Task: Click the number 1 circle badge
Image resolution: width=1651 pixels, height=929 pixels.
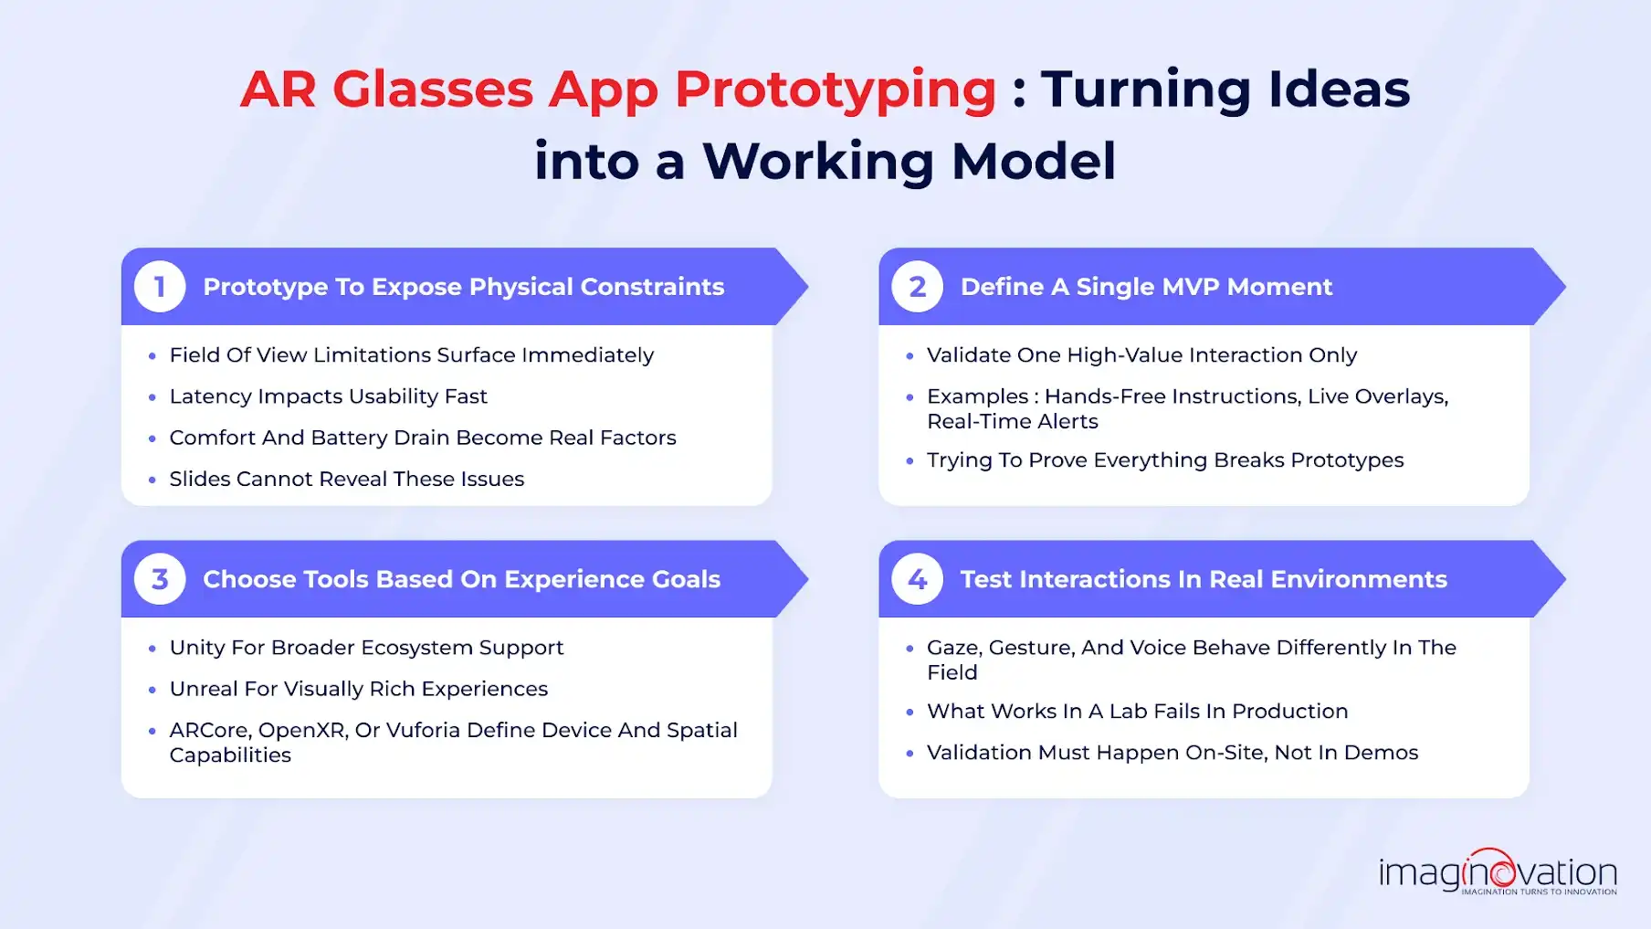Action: click(x=160, y=287)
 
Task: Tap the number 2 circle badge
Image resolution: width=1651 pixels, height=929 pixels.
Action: click(x=917, y=287)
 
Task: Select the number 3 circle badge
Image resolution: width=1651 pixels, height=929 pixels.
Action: click(x=160, y=579)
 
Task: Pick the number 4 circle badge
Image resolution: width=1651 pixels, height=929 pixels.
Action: click(x=917, y=579)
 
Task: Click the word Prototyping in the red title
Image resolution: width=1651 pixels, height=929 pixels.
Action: click(x=835, y=90)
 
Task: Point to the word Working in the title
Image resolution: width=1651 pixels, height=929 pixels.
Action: click(x=818, y=162)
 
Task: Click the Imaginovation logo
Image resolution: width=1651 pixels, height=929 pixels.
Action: click(x=1498, y=872)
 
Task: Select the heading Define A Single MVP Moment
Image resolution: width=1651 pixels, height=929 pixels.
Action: click(x=1146, y=287)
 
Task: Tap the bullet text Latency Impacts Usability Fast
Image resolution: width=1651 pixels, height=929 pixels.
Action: click(x=328, y=396)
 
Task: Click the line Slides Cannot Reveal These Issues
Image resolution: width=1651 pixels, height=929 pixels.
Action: click(x=346, y=479)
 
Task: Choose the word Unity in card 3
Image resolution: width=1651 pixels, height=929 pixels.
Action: click(x=196, y=648)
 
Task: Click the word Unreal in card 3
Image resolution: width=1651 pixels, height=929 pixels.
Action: click(x=203, y=689)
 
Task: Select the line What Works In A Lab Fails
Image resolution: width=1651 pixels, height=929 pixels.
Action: click(x=1137, y=711)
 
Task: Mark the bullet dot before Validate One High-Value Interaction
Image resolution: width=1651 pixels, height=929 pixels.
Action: click(x=910, y=356)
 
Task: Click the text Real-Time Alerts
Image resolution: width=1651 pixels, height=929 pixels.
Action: click(x=1012, y=422)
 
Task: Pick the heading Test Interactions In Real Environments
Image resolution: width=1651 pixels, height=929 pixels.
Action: click(x=1203, y=579)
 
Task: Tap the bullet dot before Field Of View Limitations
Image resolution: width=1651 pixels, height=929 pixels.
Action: click(x=152, y=356)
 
